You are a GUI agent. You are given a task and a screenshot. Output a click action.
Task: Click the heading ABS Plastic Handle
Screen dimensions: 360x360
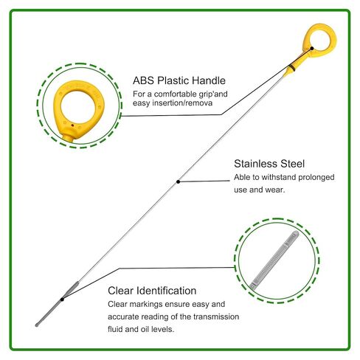point(179,80)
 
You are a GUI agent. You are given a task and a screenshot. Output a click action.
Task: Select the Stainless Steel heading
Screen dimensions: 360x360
point(269,164)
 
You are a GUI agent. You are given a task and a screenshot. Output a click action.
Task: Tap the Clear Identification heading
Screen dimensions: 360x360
point(152,291)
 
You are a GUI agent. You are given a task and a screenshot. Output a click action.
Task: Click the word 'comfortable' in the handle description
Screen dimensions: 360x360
point(176,94)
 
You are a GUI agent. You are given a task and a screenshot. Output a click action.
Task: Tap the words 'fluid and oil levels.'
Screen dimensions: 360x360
point(141,329)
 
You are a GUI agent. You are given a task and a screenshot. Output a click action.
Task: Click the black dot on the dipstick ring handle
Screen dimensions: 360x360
point(312,49)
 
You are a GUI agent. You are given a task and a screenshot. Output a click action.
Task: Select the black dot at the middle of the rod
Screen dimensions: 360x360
point(179,181)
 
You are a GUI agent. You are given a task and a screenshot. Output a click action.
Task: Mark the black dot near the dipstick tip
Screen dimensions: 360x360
point(62,300)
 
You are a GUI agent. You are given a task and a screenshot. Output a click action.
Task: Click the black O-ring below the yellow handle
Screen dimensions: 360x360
point(291,67)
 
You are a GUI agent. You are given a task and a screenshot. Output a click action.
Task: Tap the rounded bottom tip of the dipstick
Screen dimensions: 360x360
point(37,325)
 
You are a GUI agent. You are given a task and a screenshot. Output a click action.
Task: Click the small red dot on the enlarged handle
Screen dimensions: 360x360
point(72,125)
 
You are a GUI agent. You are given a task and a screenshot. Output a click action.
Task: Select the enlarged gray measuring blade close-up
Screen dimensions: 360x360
point(274,260)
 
